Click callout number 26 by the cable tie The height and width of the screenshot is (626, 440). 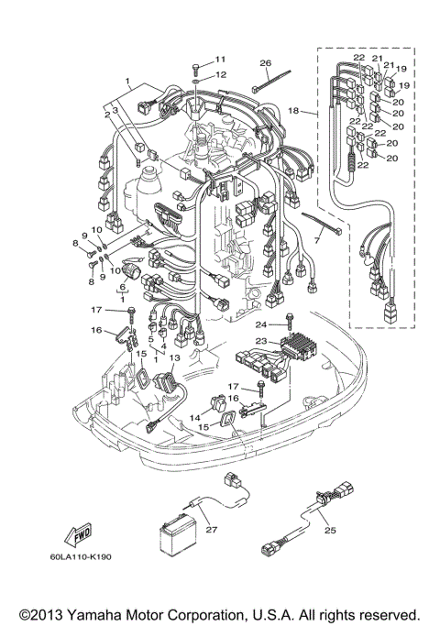tap(265, 63)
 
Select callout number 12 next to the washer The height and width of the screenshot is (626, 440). tap(220, 74)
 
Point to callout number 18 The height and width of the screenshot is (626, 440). tap(294, 110)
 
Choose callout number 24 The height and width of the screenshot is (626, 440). tap(260, 325)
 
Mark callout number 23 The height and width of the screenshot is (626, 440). tap(260, 341)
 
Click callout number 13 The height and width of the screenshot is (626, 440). tap(174, 358)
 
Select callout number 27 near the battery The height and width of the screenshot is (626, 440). tap(211, 529)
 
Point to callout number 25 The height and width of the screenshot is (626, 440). tap(331, 531)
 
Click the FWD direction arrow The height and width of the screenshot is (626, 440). tap(76, 534)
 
